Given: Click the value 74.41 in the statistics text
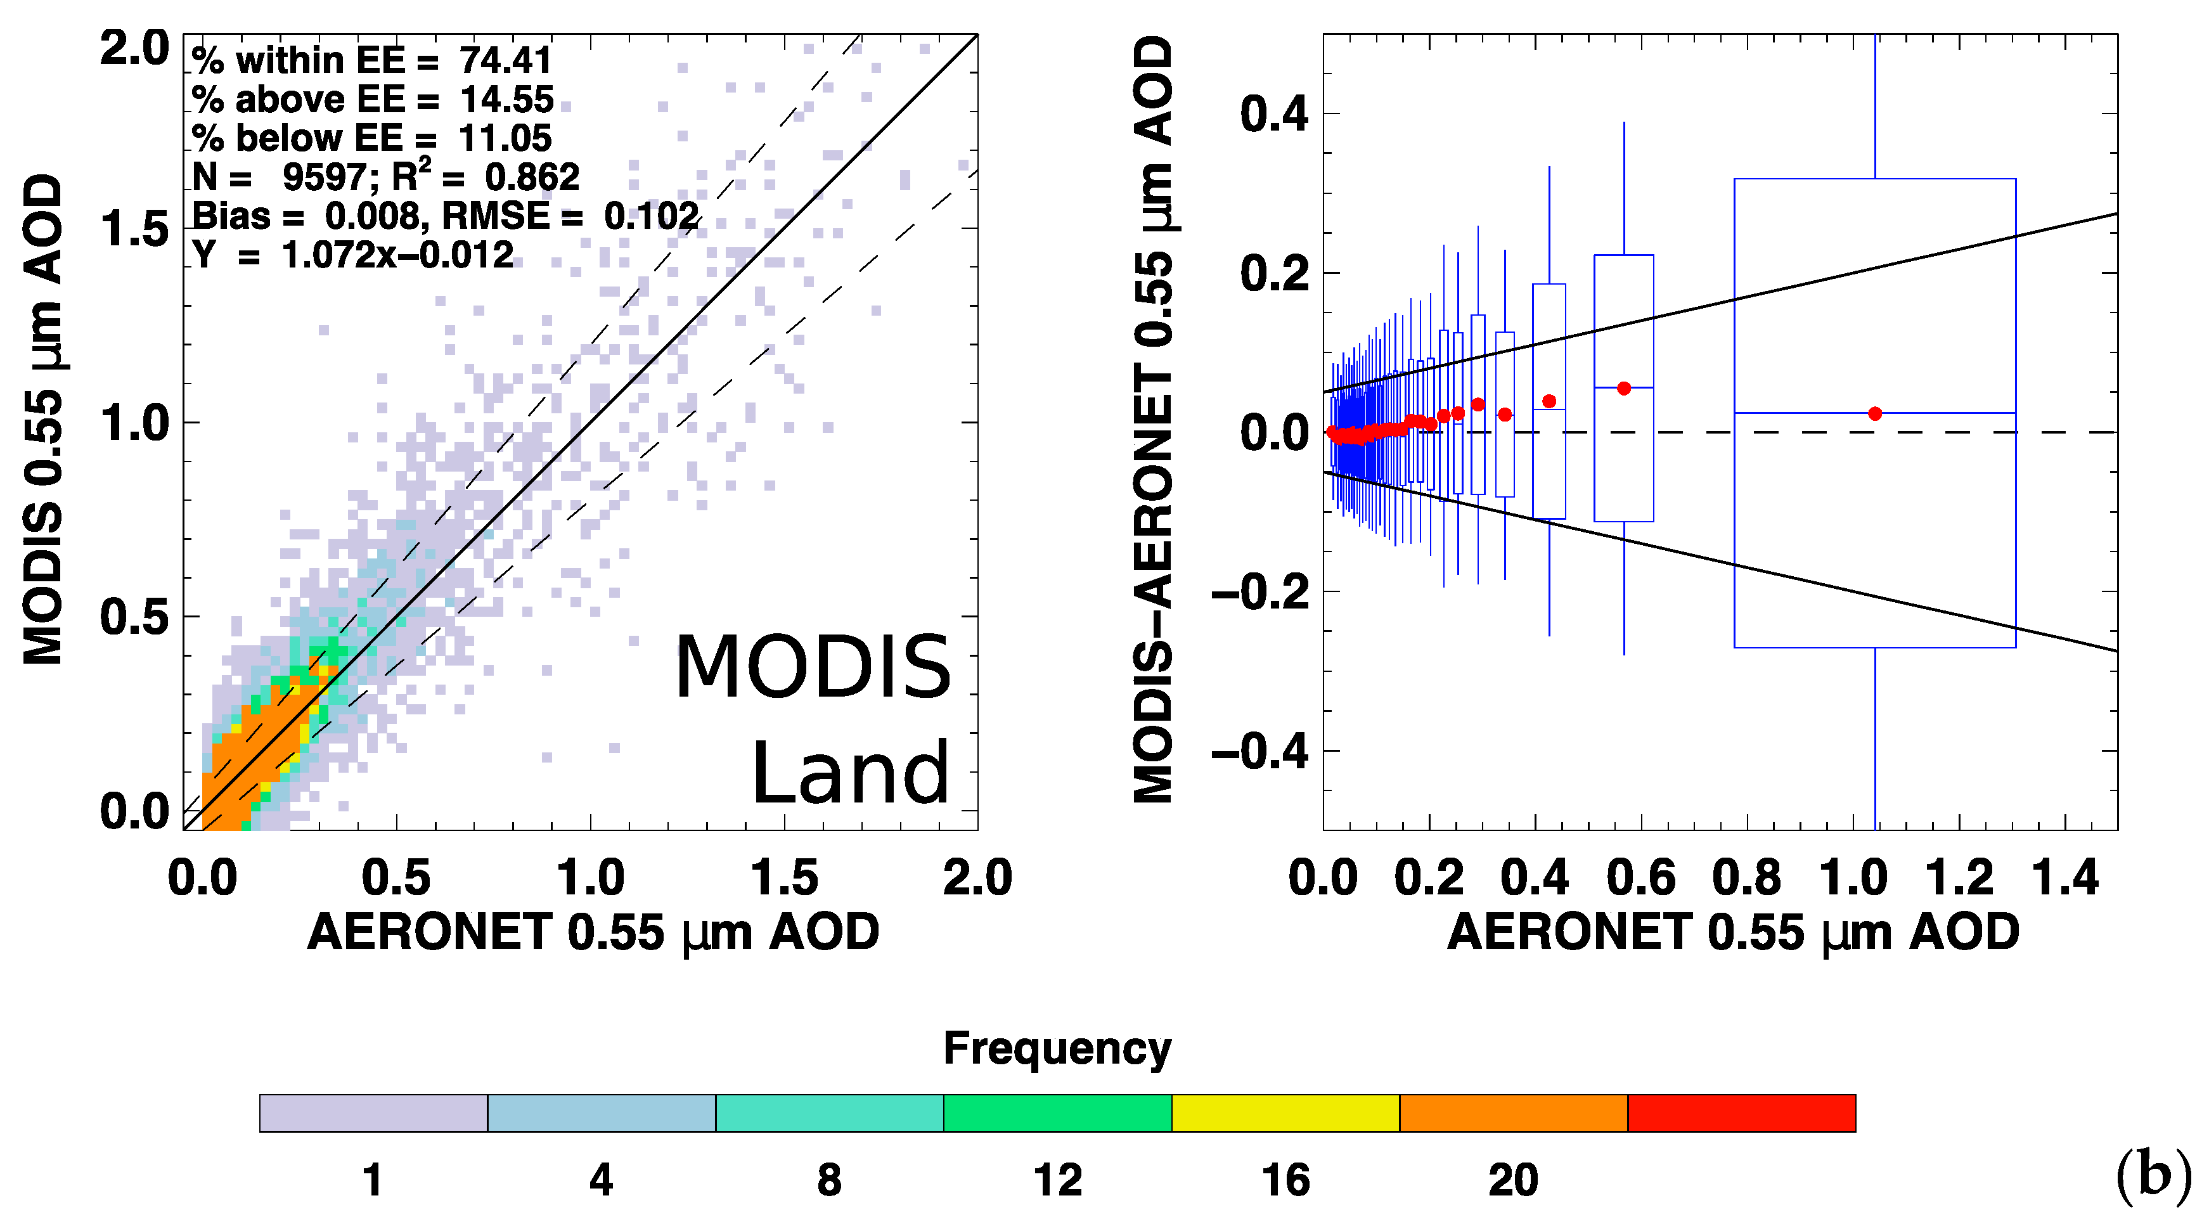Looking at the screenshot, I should [506, 61].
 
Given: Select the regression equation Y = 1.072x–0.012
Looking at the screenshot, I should [352, 255].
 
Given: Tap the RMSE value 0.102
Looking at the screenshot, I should [651, 216].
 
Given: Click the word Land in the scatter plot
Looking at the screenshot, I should [850, 775].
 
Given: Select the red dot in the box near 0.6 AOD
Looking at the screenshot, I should [1623, 389].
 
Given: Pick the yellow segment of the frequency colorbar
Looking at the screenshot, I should [1285, 1112].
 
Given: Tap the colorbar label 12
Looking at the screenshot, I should [1057, 1180].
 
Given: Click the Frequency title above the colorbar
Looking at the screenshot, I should [1057, 1048].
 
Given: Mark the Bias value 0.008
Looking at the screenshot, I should [371, 216].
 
